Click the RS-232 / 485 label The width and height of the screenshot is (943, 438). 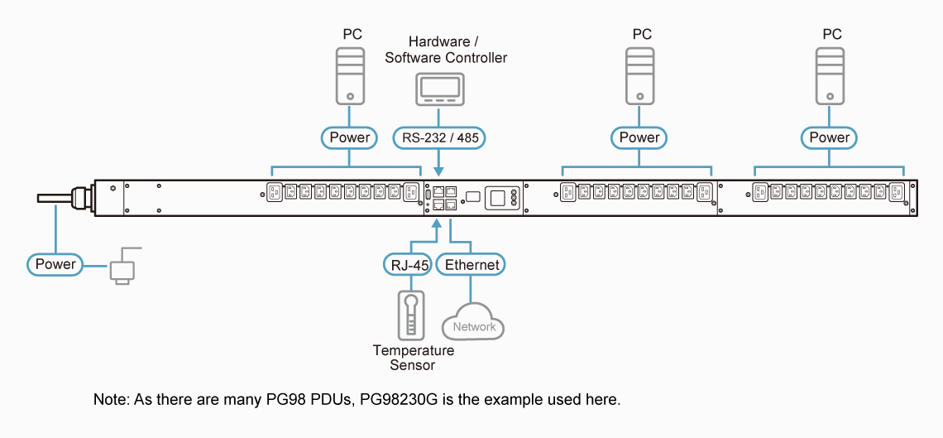pyautogui.click(x=438, y=137)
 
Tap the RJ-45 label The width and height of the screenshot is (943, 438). pyautogui.click(x=407, y=265)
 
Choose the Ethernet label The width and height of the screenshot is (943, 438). pyautogui.click(x=471, y=265)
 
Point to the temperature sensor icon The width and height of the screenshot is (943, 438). pyautogui.click(x=410, y=315)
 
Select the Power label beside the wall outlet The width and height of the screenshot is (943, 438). pyautogui.click(x=55, y=265)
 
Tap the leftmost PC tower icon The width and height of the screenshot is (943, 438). pyautogui.click(x=352, y=75)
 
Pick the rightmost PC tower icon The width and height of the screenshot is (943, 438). pyautogui.click(x=831, y=75)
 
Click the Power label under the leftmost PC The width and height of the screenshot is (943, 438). pyautogui.click(x=350, y=137)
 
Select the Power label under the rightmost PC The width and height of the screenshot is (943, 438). pyautogui.click(x=830, y=137)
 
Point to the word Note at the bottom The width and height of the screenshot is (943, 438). pyautogui.click(x=110, y=400)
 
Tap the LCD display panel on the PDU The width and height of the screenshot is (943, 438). pyautogui.click(x=497, y=197)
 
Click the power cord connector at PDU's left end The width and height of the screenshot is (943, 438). pyautogui.click(x=80, y=198)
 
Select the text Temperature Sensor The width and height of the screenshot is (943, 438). pyautogui.click(x=414, y=358)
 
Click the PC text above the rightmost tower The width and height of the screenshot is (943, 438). pyautogui.click(x=832, y=34)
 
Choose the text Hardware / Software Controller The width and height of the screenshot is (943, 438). pyautogui.click(x=446, y=50)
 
